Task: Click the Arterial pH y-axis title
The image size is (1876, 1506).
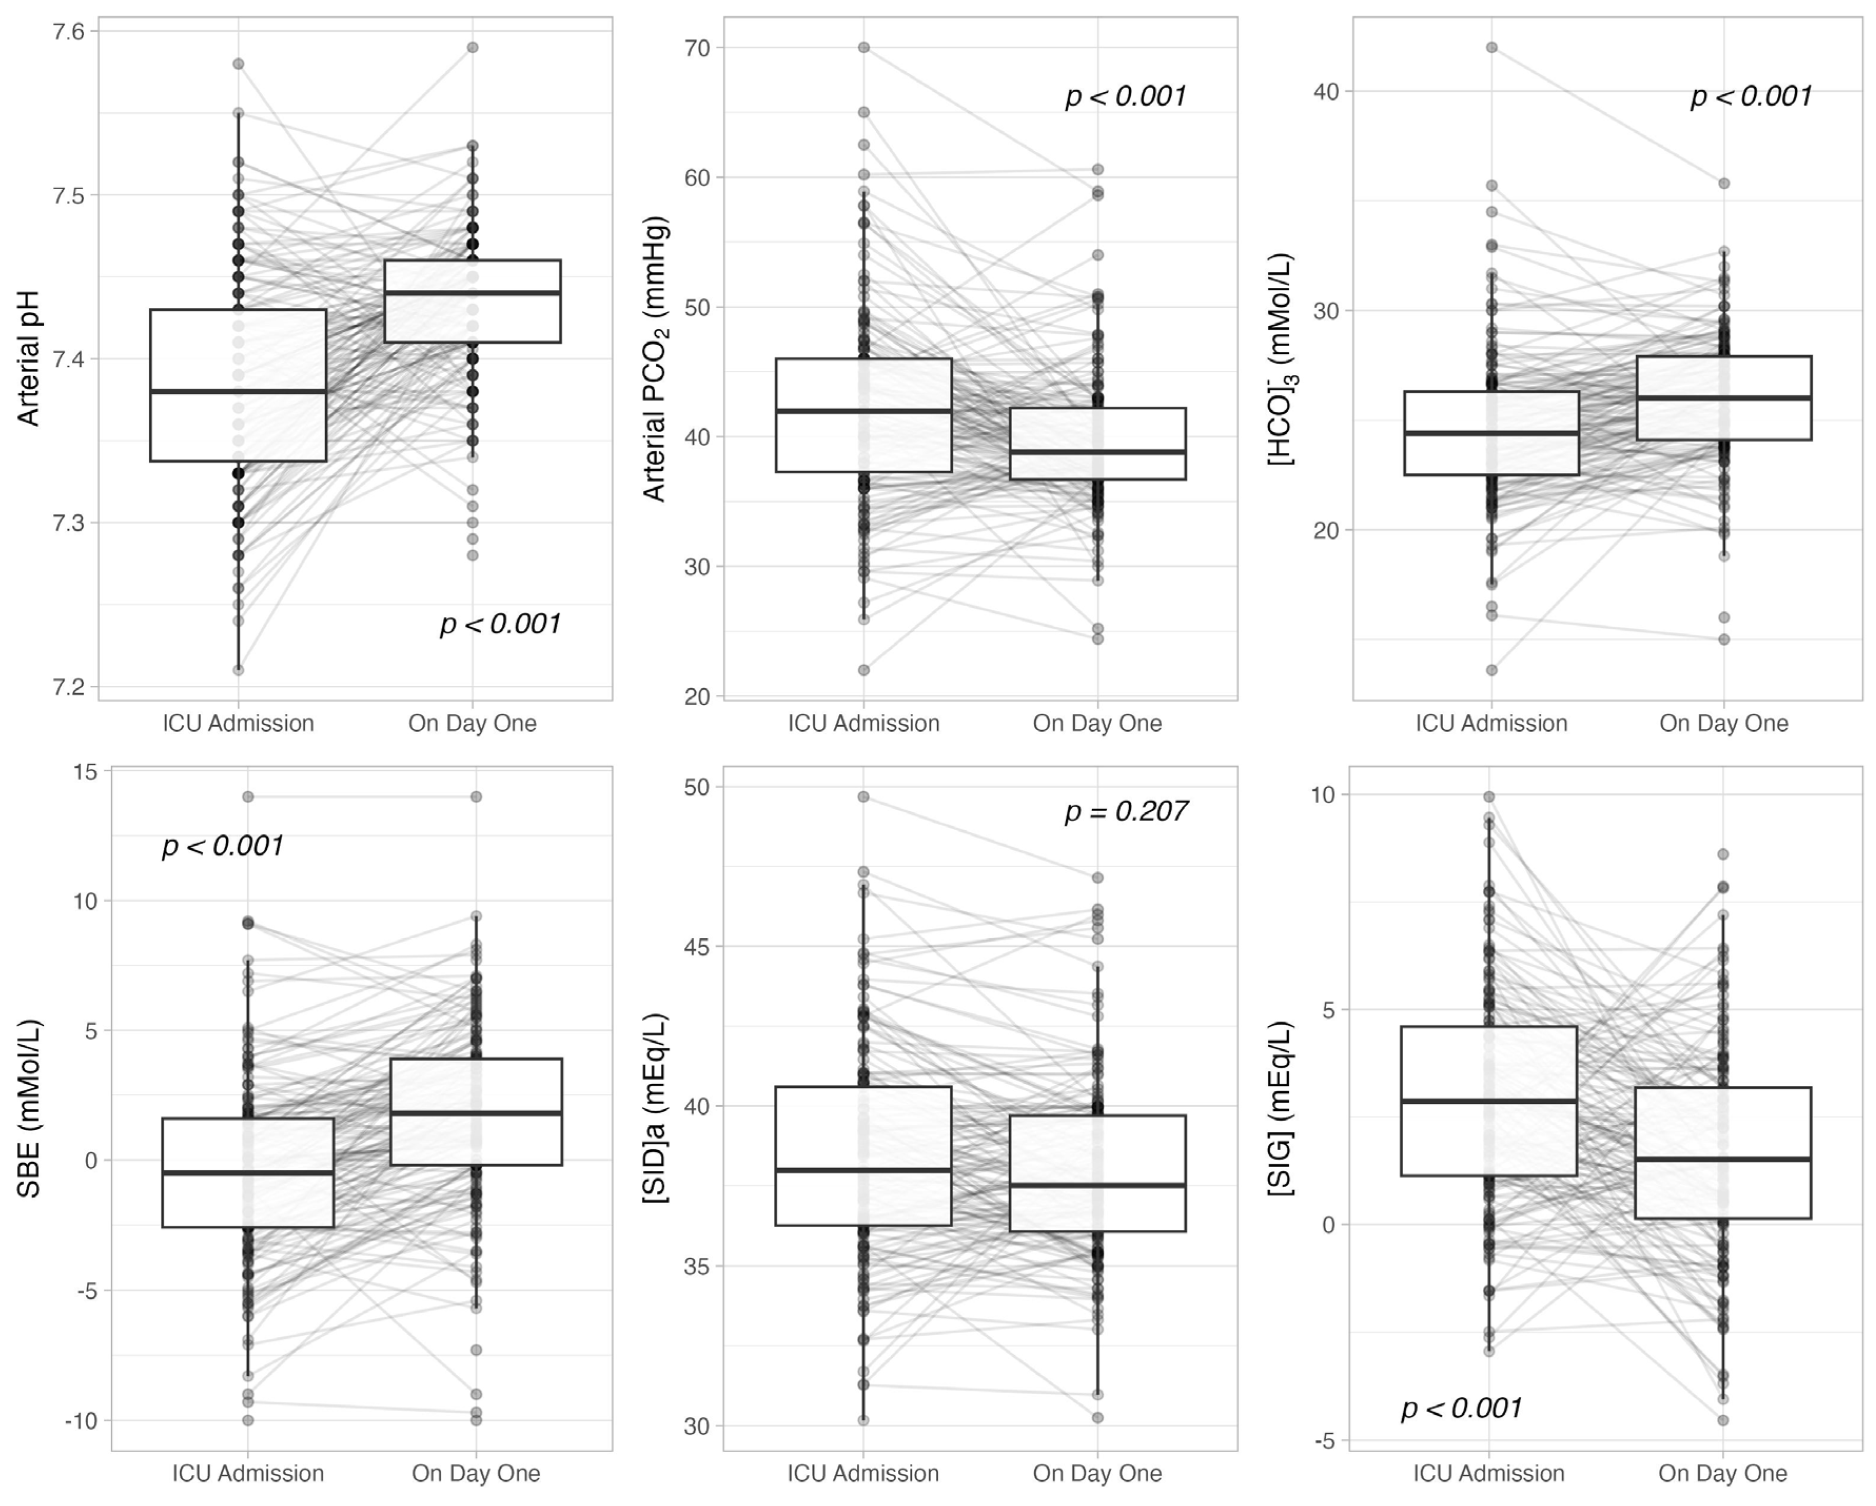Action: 28,358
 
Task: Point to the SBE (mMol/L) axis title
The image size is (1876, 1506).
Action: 28,1109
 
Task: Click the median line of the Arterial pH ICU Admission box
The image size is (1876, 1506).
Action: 238,392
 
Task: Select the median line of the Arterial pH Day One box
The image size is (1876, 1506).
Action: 472,293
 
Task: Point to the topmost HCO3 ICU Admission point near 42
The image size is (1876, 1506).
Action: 1491,48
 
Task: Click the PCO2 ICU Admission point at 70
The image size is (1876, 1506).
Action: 863,48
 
